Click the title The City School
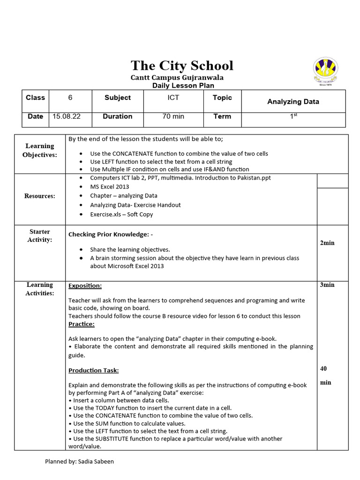click(182, 65)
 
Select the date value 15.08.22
click(67, 116)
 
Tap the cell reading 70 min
click(173, 116)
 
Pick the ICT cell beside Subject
click(173, 97)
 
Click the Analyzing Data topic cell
click(293, 101)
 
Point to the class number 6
click(70, 97)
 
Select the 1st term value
click(293, 116)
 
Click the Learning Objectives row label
click(40, 150)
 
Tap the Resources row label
click(40, 196)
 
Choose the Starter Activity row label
click(40, 236)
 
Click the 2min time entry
click(327, 243)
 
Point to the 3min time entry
click(327, 285)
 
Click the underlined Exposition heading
click(85, 285)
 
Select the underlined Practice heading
click(82, 324)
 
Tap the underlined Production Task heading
click(94, 370)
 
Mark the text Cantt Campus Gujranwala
click(177, 77)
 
